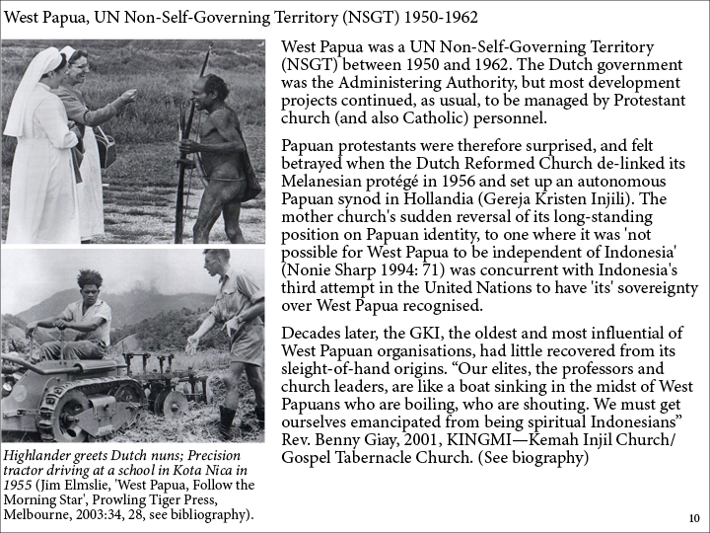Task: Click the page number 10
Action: tap(693, 518)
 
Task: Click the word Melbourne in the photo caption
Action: tap(37, 514)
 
